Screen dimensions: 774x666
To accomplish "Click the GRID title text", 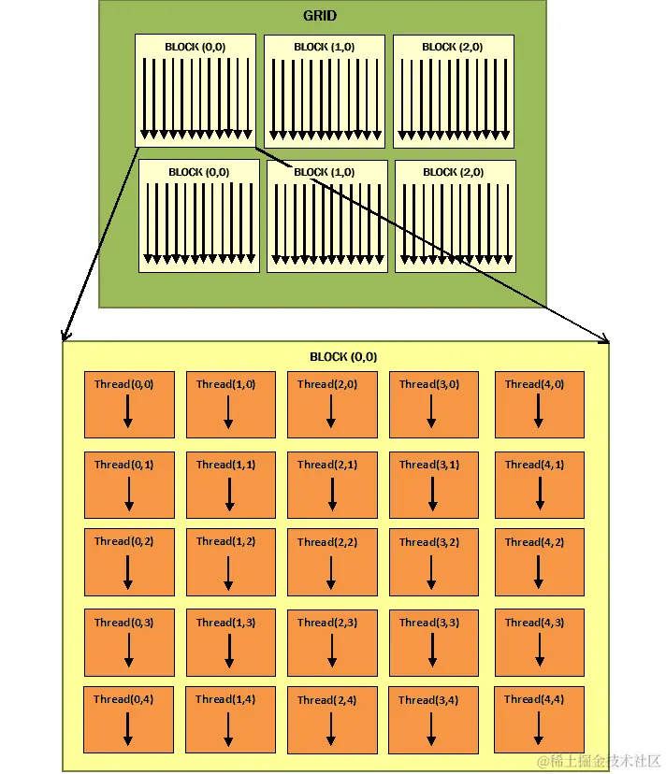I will [x=320, y=16].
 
